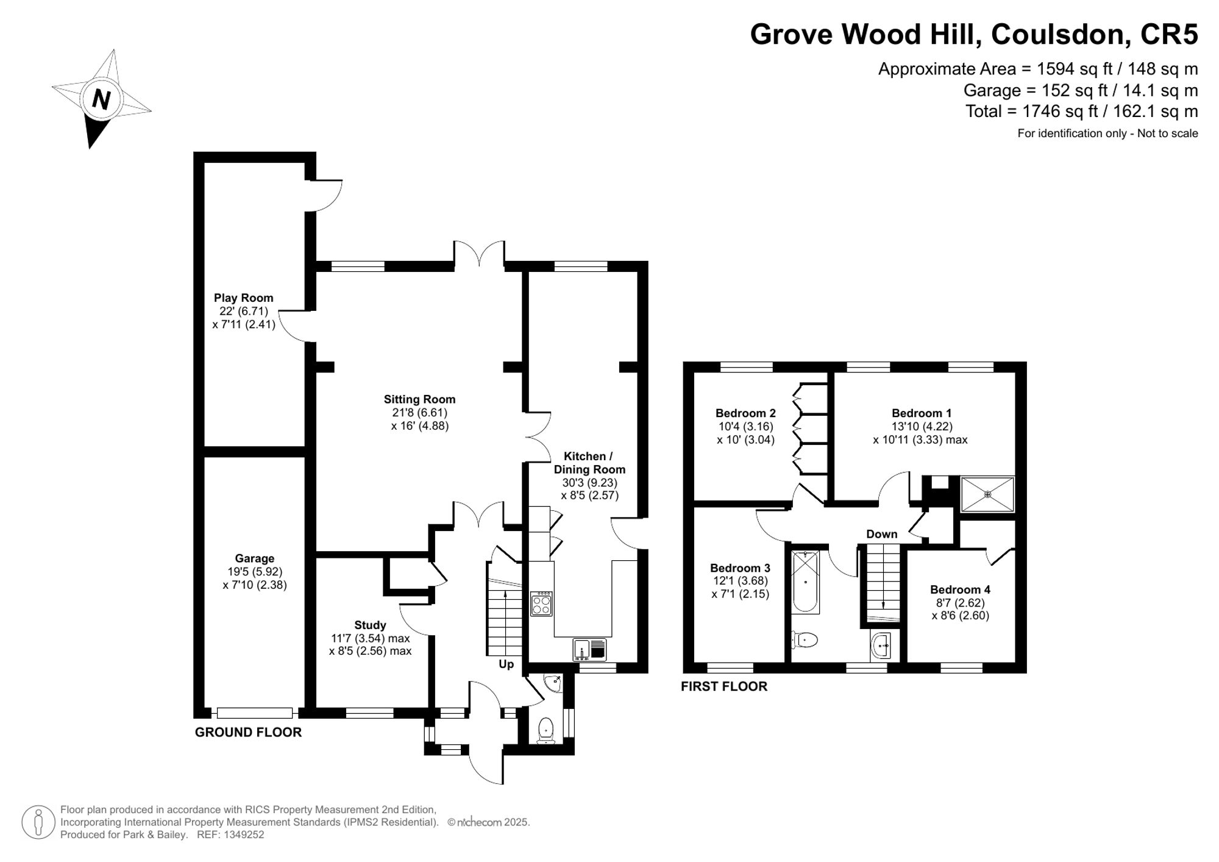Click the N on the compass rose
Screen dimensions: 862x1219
coord(101,98)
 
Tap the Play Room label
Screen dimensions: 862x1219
coord(243,298)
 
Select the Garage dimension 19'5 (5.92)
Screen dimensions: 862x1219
coord(255,572)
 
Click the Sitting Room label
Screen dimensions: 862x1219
coord(419,399)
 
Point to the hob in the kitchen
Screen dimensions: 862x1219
coord(541,604)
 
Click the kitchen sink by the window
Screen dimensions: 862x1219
coord(589,650)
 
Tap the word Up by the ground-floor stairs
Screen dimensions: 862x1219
coord(506,664)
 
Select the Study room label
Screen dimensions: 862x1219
coord(370,625)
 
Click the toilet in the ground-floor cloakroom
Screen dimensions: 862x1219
coord(546,728)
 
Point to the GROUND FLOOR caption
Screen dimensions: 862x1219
coord(248,732)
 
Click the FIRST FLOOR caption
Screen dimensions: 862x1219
coord(723,686)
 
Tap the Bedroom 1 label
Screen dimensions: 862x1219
coord(921,413)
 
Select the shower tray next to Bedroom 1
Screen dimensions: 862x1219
coord(987,494)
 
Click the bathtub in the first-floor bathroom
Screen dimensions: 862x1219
coord(806,582)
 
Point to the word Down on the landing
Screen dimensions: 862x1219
coord(881,534)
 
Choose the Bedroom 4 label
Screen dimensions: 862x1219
coord(959,590)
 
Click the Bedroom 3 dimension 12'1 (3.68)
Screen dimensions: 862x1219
coord(740,581)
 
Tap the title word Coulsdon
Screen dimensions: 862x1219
coord(1057,34)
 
